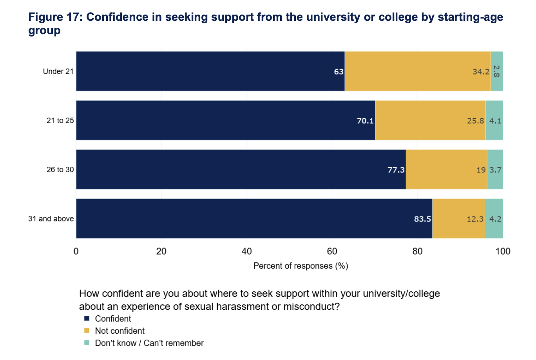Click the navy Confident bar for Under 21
point(210,71)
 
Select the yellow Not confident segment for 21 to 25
point(430,120)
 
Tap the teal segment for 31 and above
point(494,218)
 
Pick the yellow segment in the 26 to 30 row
point(446,169)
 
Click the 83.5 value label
point(422,219)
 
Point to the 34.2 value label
point(481,72)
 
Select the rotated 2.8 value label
point(496,71)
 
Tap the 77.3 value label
point(396,170)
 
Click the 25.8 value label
point(475,121)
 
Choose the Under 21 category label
point(58,71)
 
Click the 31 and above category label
point(51,219)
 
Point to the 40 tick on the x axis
point(246,251)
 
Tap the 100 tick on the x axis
point(503,251)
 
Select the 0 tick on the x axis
point(76,251)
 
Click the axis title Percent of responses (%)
point(301,266)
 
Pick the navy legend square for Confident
point(87,318)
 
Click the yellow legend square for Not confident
point(87,331)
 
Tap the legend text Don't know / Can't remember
point(149,343)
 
